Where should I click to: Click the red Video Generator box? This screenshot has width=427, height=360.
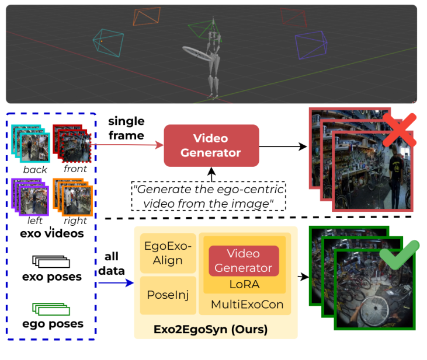pyautogui.click(x=211, y=145)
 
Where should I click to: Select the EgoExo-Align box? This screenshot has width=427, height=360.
pyautogui.click(x=168, y=253)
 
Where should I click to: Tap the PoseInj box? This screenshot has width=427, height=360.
pyautogui.click(x=168, y=295)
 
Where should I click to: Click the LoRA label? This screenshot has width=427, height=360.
pyautogui.click(x=244, y=284)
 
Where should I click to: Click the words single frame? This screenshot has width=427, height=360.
pyautogui.click(x=126, y=128)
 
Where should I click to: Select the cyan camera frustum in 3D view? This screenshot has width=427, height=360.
pyautogui.click(x=108, y=44)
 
